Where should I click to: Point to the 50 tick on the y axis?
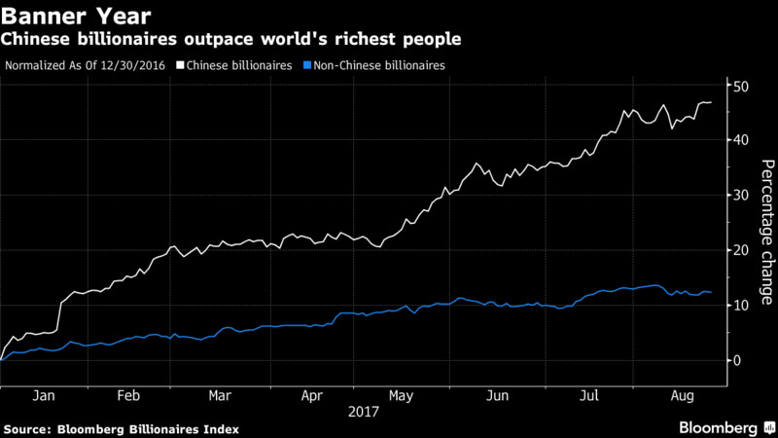pos(740,86)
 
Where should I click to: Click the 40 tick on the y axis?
pos(740,140)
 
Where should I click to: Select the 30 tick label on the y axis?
pos(740,195)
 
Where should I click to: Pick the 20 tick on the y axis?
pos(740,250)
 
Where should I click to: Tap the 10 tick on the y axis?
pos(740,305)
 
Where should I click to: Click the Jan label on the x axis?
pos(43,396)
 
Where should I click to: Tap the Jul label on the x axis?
pos(588,396)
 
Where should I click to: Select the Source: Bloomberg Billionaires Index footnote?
pos(122,428)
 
